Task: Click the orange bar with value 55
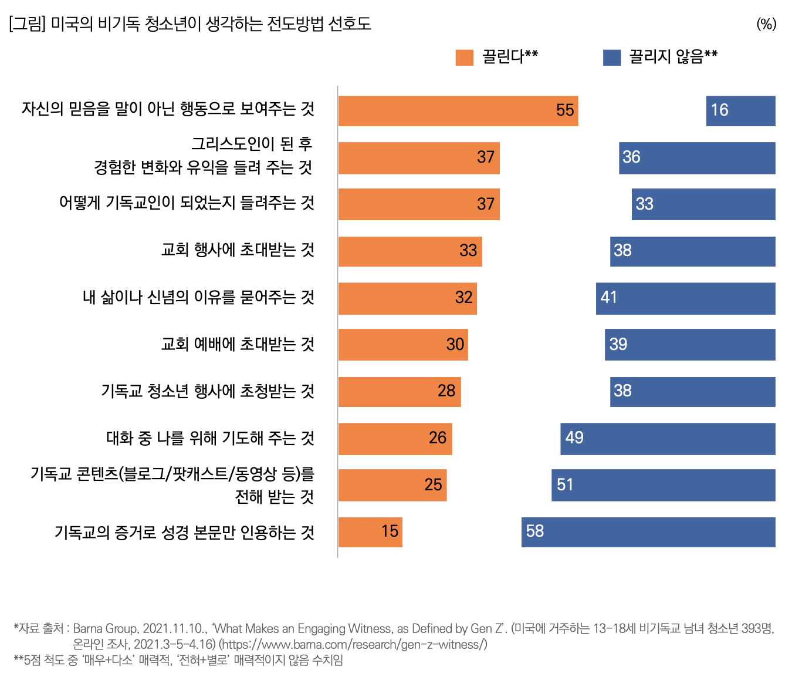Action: point(458,111)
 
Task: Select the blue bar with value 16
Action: point(740,111)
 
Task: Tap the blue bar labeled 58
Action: point(648,532)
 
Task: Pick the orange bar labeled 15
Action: point(370,532)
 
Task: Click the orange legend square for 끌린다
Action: point(464,58)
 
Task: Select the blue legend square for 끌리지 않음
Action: point(612,58)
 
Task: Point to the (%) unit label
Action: point(766,24)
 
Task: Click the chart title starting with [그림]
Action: point(190,24)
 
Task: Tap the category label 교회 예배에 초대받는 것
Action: point(238,344)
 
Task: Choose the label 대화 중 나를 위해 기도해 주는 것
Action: point(210,438)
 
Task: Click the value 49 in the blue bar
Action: point(574,438)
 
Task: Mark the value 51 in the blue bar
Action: point(565,485)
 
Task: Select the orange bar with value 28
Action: point(400,392)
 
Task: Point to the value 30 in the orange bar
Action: point(455,345)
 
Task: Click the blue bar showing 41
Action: point(685,298)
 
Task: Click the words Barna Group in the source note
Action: point(106,629)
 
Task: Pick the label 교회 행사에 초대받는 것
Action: point(238,250)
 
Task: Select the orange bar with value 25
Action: point(392,485)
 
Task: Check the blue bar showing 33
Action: point(703,204)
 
